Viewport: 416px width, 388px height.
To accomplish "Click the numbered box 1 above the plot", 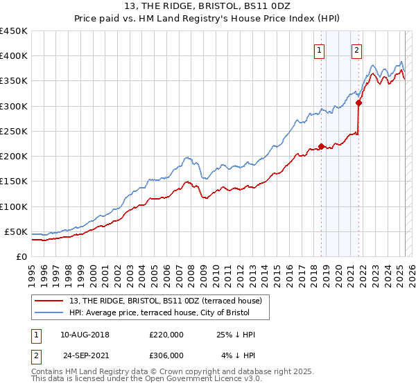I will (x=319, y=50).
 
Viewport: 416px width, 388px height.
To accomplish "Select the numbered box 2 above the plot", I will (x=356, y=50).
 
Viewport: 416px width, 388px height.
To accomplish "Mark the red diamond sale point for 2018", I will (x=321, y=145).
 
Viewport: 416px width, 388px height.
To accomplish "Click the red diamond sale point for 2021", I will (x=359, y=103).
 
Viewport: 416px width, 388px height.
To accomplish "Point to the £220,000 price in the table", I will (x=166, y=334).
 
